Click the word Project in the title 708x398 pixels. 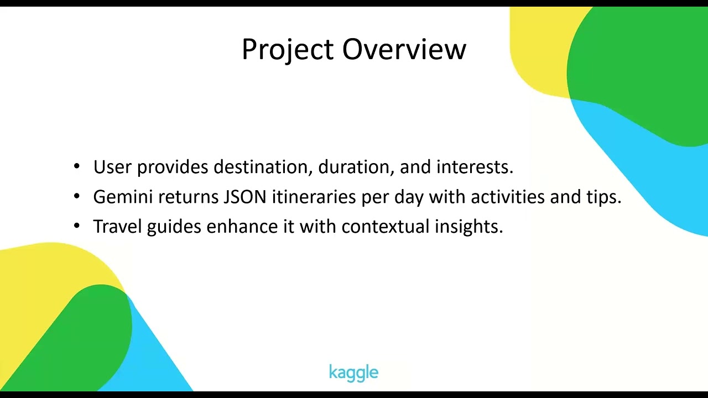pyautogui.click(x=288, y=50)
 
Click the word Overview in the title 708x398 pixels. pyautogui.click(x=404, y=49)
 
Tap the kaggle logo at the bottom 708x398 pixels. pyautogui.click(x=353, y=373)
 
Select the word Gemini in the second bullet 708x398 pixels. pyautogui.click(x=123, y=196)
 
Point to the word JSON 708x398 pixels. pyautogui.click(x=245, y=196)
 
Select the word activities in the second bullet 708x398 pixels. pyautogui.click(x=508, y=196)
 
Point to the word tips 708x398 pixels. pyautogui.click(x=604, y=197)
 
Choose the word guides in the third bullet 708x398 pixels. pyautogui.click(x=174, y=227)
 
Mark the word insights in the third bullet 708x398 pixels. pyautogui.click(x=468, y=227)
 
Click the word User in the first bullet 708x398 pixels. pyautogui.click(x=112, y=167)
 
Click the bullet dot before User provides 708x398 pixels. pyautogui.click(x=76, y=166)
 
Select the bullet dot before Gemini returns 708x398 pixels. pyautogui.click(x=76, y=196)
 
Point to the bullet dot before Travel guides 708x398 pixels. pyautogui.click(x=76, y=226)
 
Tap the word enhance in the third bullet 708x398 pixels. pyautogui.click(x=242, y=226)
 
